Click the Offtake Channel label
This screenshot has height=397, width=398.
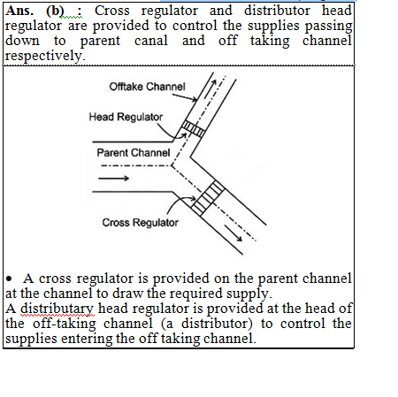tap(147, 87)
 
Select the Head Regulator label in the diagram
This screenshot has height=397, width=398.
tap(126, 117)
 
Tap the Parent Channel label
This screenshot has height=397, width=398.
tap(134, 153)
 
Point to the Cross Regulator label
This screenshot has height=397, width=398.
tap(140, 223)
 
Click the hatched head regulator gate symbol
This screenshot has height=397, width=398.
tap(193, 129)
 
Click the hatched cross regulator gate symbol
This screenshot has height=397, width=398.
tap(208, 198)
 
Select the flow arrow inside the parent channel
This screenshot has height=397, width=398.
tap(113, 178)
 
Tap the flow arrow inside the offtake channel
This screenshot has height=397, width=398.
tap(210, 88)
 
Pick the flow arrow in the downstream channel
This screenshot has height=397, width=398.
tap(233, 233)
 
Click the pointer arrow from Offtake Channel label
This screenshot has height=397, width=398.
tap(185, 97)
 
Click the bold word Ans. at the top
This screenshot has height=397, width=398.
tap(19, 11)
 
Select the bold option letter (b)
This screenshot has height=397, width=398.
tap(55, 11)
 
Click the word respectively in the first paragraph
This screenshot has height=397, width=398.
tap(45, 56)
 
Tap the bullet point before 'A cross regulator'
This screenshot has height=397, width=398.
tap(10, 279)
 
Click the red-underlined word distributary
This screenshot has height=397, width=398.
tap(57, 309)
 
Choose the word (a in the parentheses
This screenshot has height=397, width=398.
tap(167, 324)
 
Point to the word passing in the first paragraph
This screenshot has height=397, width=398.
tap(328, 27)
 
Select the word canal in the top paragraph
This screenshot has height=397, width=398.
tap(151, 41)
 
